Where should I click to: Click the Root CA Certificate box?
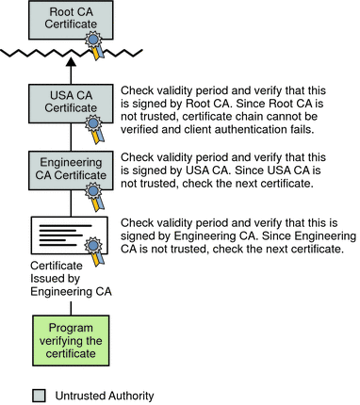71,20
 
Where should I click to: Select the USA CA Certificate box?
71,104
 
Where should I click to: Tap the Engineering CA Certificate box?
71,170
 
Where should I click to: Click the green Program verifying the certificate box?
71,341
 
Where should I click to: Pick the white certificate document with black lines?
70,235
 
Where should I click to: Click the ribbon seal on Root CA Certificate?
94,44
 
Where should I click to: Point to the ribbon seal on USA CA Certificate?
94,129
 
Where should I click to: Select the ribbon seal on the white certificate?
94,251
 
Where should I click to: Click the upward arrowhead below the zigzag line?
71,61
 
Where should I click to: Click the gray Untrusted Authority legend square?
39,396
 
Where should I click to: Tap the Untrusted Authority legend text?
105,396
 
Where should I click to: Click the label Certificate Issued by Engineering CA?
71,279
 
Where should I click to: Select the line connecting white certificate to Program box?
71,308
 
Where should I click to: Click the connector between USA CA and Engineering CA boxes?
71,137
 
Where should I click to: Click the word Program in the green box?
71,329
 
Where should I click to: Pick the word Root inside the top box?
60,12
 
